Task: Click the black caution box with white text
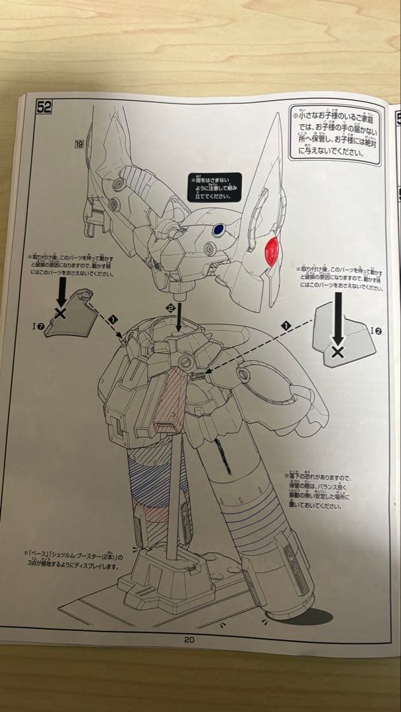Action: pyautogui.click(x=214, y=187)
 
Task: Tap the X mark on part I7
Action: pyautogui.click(x=61, y=313)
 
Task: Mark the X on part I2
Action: pyautogui.click(x=338, y=352)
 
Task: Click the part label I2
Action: pyautogui.click(x=374, y=330)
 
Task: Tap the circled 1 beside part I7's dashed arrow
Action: pyautogui.click(x=113, y=319)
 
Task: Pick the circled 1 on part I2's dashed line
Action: pyautogui.click(x=286, y=326)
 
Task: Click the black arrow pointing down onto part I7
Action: pyautogui.click(x=61, y=290)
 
